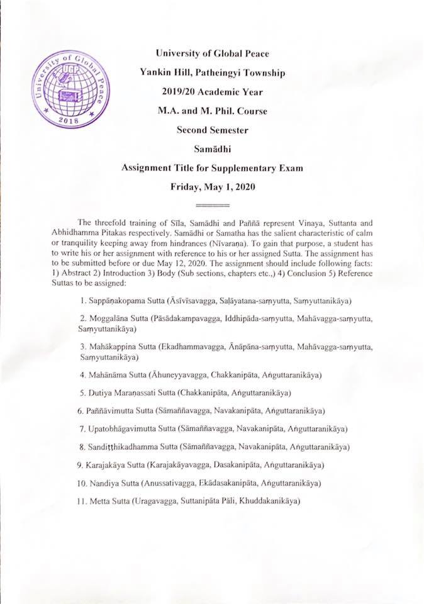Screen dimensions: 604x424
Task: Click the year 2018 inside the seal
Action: (70, 118)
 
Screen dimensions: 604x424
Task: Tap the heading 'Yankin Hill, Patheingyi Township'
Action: (212, 73)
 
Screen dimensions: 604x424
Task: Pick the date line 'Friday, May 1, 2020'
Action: (212, 188)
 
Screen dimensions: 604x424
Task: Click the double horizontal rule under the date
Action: (212, 206)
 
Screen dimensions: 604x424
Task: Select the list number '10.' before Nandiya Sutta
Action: (81, 484)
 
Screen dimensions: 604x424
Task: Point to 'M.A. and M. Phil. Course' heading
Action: (212, 111)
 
